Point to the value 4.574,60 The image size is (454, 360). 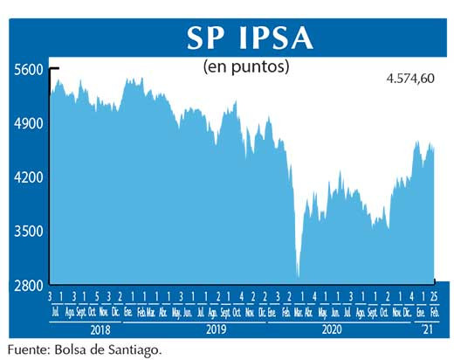409,80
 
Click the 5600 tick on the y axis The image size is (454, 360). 27,71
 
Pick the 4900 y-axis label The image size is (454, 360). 27,124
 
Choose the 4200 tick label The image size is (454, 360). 27,177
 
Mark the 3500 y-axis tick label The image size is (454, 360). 27,232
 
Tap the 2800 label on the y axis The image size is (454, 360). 27,286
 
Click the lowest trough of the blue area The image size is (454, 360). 299,276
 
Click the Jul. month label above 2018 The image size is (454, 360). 55,312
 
